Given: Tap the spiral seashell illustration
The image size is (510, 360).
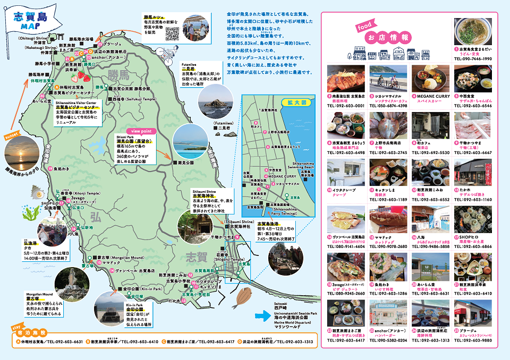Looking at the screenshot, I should click(x=37, y=192).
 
